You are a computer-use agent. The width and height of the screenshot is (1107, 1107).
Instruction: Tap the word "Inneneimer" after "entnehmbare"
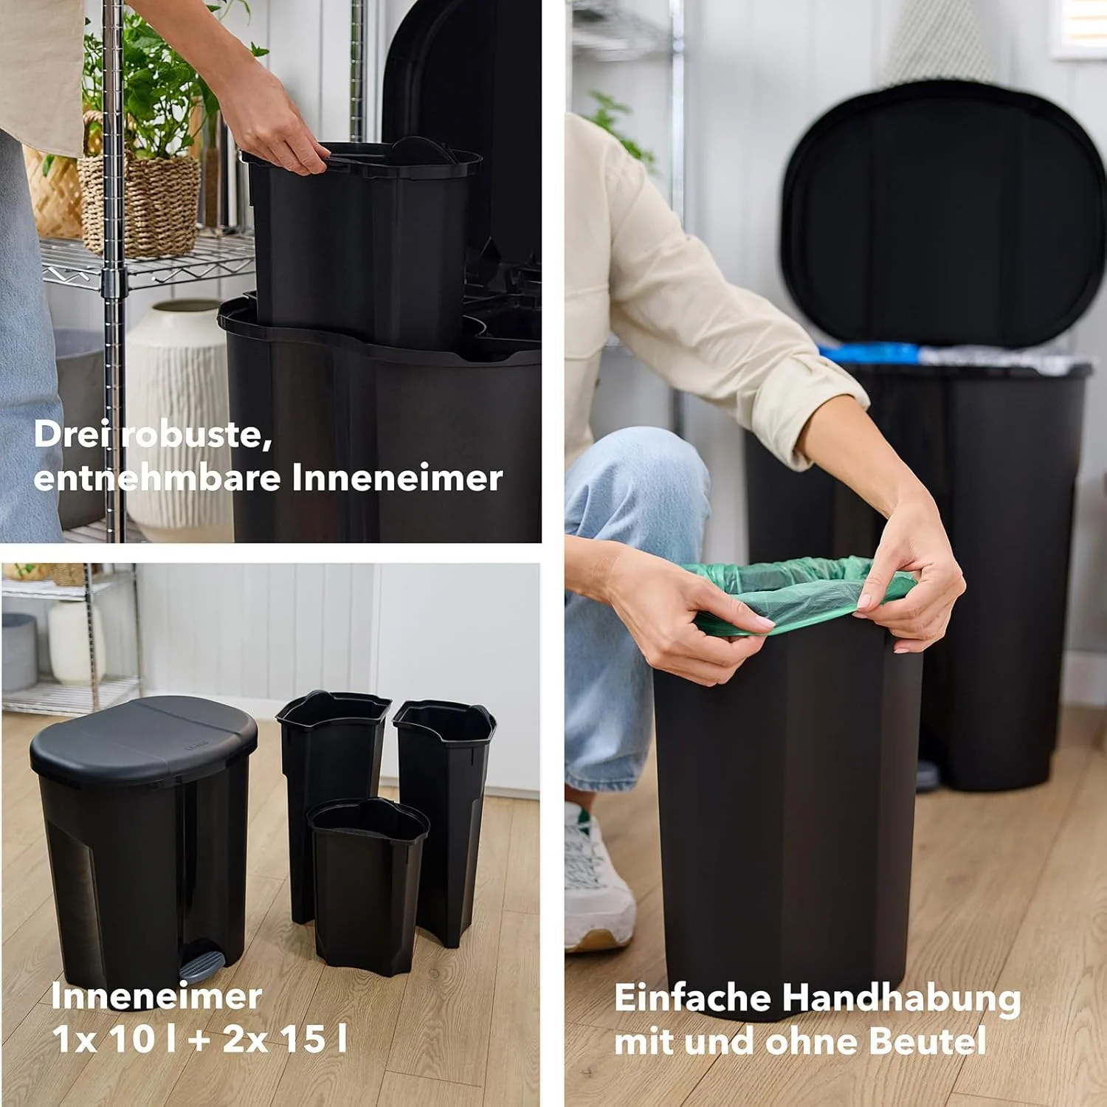(x=397, y=477)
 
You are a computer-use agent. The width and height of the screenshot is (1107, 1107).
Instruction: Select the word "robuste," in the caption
(x=198, y=435)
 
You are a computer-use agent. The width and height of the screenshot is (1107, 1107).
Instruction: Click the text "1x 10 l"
(x=114, y=1039)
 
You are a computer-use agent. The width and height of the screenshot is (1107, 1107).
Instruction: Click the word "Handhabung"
(x=901, y=999)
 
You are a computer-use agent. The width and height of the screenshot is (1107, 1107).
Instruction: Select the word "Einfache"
(x=694, y=998)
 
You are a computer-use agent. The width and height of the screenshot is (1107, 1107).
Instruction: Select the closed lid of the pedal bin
(x=144, y=738)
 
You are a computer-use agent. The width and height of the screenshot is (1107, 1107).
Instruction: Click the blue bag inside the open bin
(x=871, y=353)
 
